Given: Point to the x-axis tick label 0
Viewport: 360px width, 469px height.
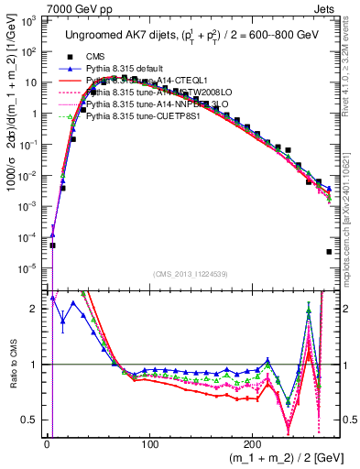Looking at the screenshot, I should coord(47,442).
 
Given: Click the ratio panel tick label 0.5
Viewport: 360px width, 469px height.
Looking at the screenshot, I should coord(31,420).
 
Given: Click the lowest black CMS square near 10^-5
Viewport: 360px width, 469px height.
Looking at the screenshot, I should coord(328,252).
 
